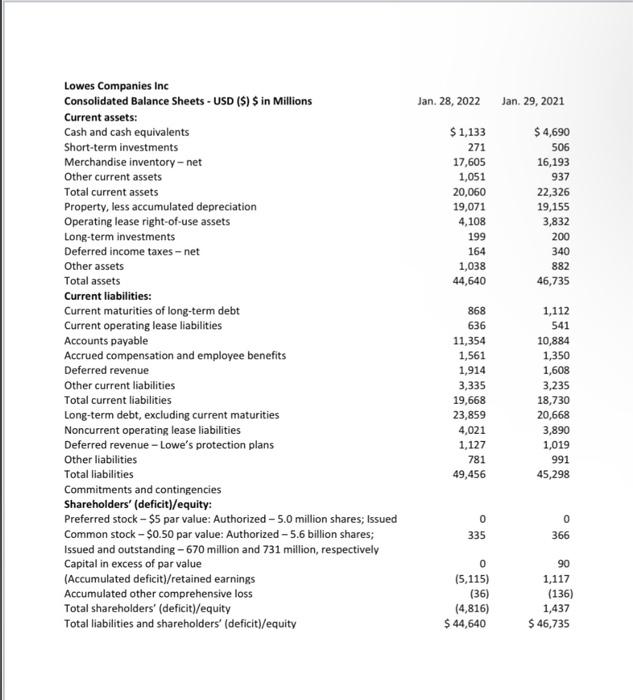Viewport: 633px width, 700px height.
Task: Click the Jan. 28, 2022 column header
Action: (x=449, y=101)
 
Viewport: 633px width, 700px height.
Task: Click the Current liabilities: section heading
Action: (x=108, y=296)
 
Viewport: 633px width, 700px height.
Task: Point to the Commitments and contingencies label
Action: (x=142, y=489)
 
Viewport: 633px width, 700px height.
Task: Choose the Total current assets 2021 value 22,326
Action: (x=552, y=192)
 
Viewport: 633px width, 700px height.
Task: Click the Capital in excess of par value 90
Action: (x=561, y=563)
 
